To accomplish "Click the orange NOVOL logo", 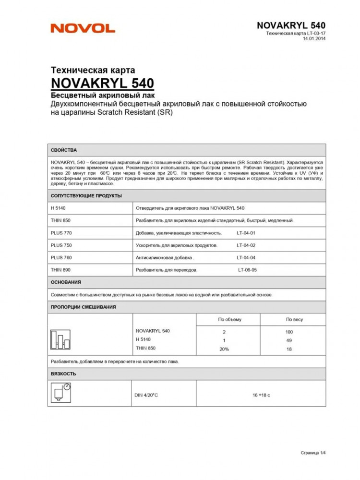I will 83,28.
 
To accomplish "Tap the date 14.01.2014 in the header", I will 315,39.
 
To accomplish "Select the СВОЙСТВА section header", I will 64,150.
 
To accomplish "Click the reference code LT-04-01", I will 246,233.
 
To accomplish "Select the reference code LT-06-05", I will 248,270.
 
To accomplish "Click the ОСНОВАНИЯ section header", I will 66,282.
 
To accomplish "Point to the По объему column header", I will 230,319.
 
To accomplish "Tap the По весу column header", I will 294,319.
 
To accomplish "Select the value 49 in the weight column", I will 289,340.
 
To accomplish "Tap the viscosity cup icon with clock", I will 60,392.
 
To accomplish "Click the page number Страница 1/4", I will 313,453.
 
